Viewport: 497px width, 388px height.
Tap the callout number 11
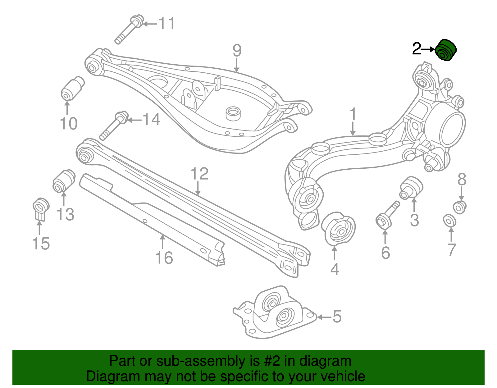167,23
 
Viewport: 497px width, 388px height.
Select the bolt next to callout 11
129,29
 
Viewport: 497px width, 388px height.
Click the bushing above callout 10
72,89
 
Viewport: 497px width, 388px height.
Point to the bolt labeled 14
114,126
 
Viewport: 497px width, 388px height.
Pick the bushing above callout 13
64,181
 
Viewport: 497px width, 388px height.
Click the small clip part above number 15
41,208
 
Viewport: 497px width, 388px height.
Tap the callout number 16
164,258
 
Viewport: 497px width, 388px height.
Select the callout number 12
199,174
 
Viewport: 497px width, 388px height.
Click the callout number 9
237,50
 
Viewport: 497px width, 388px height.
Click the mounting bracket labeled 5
275,314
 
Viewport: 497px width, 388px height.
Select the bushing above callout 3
411,187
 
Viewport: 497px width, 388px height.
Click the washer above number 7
449,220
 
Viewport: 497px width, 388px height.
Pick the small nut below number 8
460,207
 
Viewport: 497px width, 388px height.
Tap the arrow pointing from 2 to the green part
428,49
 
